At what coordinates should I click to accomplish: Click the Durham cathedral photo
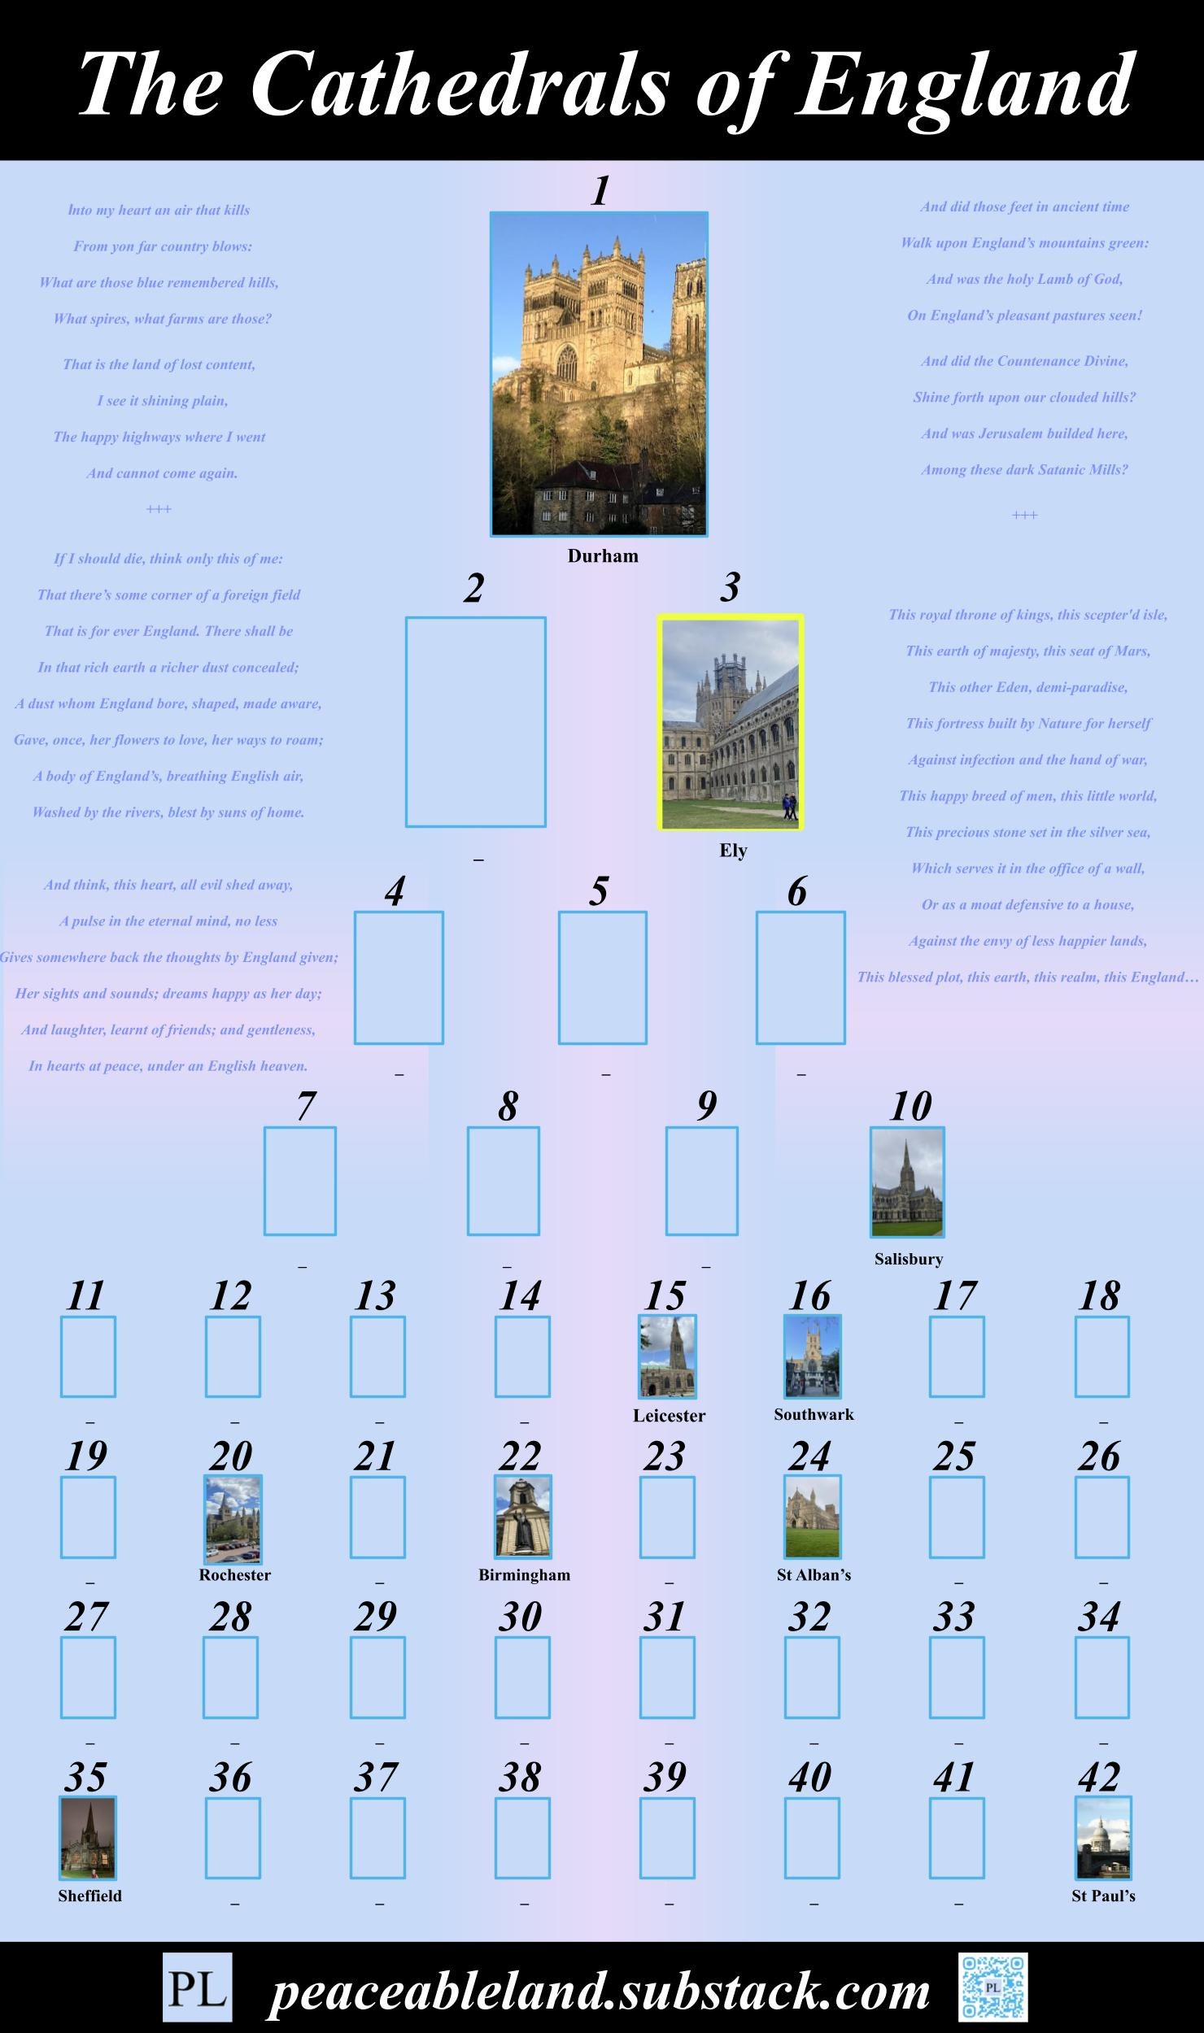[x=599, y=374]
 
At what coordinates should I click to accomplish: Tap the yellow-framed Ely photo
[x=731, y=722]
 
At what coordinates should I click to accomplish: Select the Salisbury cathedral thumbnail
[x=907, y=1182]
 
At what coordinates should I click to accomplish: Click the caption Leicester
[x=669, y=1416]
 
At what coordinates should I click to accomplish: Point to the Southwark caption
[x=814, y=1414]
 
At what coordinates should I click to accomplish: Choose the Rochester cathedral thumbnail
[x=233, y=1519]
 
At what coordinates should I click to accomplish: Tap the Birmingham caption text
[x=524, y=1575]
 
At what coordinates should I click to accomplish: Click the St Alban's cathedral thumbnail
[x=813, y=1517]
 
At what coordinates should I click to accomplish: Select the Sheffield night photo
[x=88, y=1838]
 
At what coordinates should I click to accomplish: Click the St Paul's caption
[x=1103, y=1896]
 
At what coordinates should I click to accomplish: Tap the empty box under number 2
[x=476, y=722]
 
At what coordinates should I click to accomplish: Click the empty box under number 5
[x=603, y=977]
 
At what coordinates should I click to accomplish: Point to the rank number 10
[x=910, y=1106]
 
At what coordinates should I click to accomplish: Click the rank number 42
[x=1099, y=1778]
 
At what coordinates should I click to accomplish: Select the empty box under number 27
[x=88, y=1678]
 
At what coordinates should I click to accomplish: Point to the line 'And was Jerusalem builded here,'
[x=1024, y=433]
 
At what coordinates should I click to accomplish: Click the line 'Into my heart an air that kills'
[x=159, y=210]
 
